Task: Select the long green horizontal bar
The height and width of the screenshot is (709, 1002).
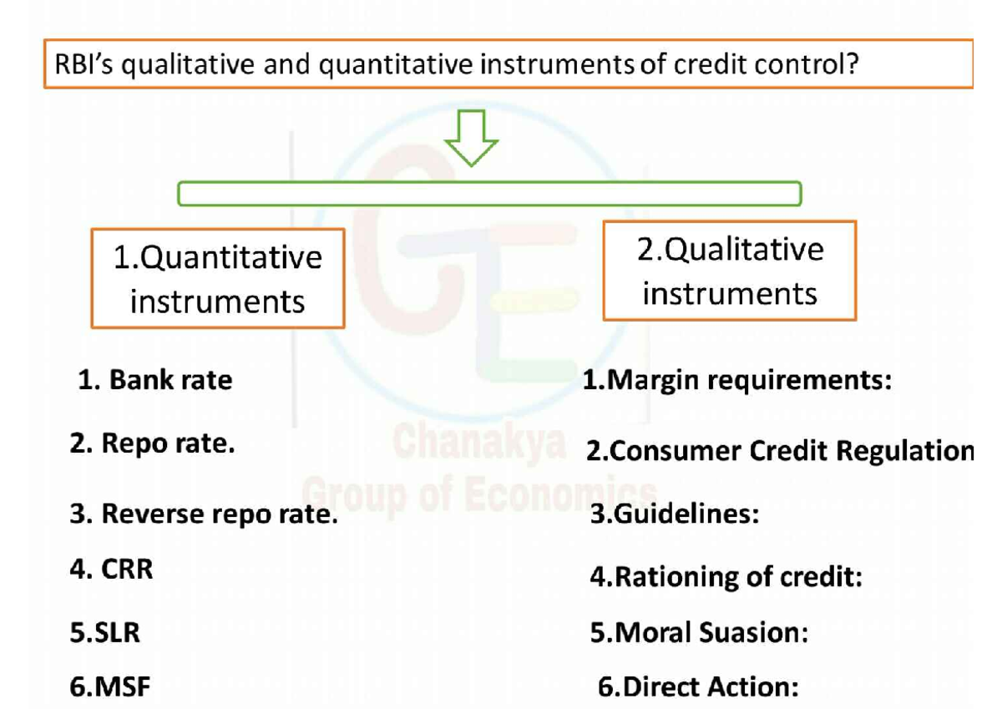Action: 489,195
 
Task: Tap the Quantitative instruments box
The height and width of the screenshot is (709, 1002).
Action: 217,278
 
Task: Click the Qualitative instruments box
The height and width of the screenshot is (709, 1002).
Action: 729,271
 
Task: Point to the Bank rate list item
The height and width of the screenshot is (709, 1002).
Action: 155,381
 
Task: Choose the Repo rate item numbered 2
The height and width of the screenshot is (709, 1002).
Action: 152,443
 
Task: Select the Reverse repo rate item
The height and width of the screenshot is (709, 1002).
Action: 204,514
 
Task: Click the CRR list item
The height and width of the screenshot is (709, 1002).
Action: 112,570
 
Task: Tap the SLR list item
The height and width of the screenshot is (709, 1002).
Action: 105,633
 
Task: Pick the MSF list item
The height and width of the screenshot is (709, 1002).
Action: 110,687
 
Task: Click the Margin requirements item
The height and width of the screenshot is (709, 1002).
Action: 737,381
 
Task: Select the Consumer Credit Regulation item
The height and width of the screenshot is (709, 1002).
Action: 779,451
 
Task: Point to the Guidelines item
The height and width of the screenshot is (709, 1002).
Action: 675,514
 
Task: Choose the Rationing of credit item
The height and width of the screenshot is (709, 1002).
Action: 726,576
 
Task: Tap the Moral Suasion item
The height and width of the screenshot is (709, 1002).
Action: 699,633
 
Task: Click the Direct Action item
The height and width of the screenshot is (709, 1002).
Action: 698,687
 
